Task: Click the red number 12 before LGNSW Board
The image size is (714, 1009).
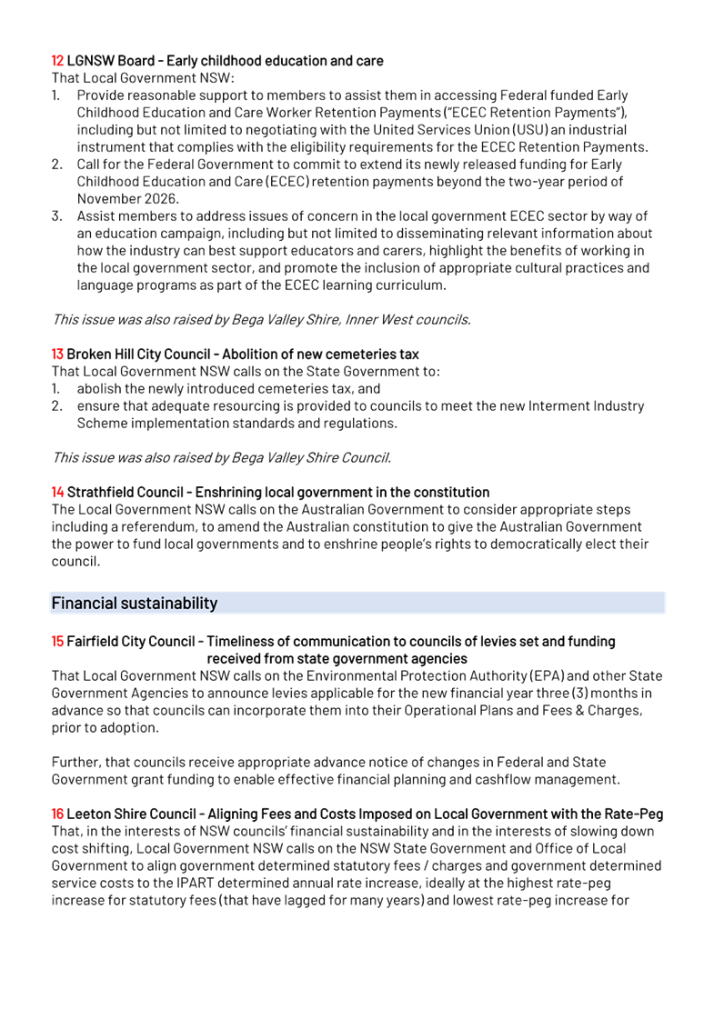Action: click(57, 61)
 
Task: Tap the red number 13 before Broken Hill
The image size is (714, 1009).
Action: click(57, 354)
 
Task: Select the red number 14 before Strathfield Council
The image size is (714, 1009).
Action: click(57, 492)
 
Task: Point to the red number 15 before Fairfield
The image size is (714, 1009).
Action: click(57, 642)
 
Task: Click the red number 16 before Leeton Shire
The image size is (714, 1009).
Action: click(57, 814)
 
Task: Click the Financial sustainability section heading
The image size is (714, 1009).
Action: click(135, 603)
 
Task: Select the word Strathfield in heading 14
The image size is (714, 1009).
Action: click(99, 492)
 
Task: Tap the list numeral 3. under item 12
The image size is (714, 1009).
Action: click(56, 216)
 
